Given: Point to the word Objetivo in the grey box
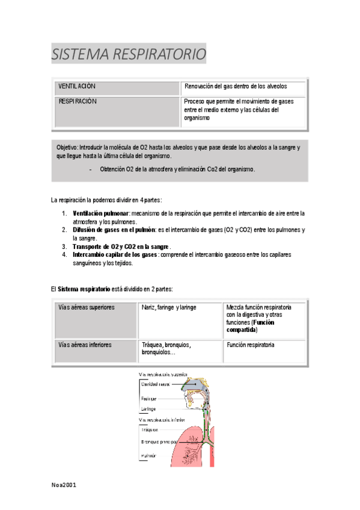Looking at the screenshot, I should pyautogui.click(x=67, y=147).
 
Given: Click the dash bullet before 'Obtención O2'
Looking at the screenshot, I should pyautogui.click(x=90, y=169).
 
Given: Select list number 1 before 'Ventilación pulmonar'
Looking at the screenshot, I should pyautogui.click(x=64, y=213).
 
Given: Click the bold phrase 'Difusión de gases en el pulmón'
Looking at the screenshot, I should pyautogui.click(x=113, y=230).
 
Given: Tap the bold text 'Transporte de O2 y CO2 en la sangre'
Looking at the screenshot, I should pyautogui.click(x=120, y=247).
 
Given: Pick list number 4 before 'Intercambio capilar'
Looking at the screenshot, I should pyautogui.click(x=64, y=255).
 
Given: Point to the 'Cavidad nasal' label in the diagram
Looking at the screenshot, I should pyautogui.click(x=155, y=384).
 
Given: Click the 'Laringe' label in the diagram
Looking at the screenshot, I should pyautogui.click(x=148, y=409).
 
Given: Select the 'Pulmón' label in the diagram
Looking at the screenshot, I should pyautogui.click(x=148, y=456).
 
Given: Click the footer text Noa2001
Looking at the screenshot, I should pyautogui.click(x=64, y=484).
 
